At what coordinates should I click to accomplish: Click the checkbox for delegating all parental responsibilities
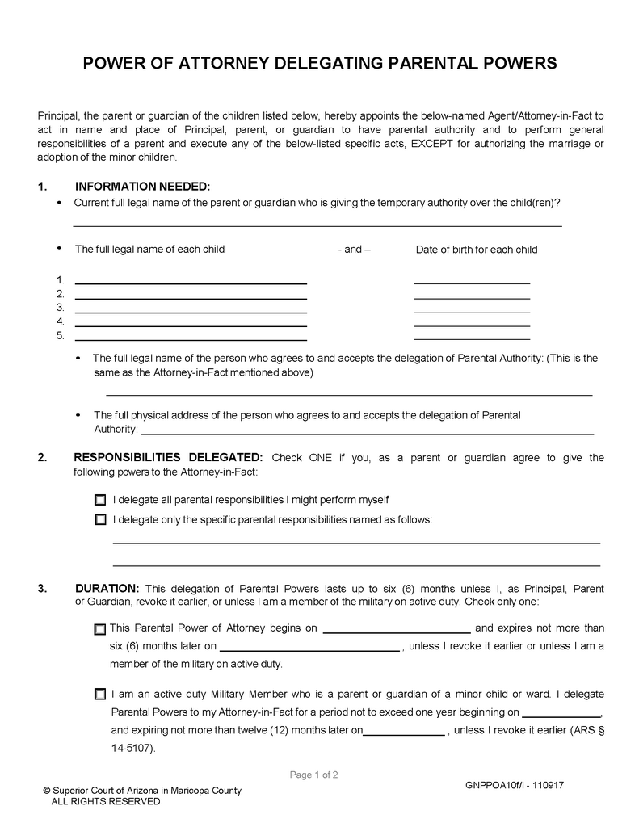(100, 500)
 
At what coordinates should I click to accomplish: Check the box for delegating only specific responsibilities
(100, 519)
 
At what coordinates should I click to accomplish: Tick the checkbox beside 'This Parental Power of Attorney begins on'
(99, 628)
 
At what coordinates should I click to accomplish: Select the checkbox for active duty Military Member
(99, 694)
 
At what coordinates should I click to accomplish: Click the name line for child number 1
(191, 282)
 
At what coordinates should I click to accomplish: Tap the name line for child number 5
(191, 338)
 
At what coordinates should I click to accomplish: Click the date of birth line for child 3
(471, 310)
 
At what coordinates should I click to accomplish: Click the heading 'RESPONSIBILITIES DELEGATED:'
(168, 457)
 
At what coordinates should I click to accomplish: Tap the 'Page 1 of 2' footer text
(313, 775)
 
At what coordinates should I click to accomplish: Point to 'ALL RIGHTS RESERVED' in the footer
(106, 802)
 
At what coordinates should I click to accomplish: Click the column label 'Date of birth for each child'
(476, 250)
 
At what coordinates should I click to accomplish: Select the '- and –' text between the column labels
(354, 250)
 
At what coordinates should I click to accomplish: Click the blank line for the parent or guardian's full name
(317, 224)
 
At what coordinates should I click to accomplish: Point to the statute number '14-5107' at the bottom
(131, 748)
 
